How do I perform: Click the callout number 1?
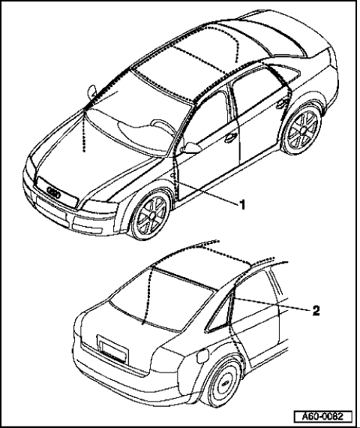click(x=242, y=204)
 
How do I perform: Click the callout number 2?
click(x=316, y=311)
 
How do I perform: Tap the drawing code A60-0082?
click(x=323, y=417)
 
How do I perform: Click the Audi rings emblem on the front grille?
click(x=54, y=192)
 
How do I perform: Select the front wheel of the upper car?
click(x=151, y=215)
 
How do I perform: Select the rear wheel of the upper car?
click(x=303, y=130)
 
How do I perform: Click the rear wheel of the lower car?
click(x=225, y=383)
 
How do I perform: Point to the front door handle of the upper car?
click(x=230, y=137)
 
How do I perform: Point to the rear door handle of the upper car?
click(x=281, y=104)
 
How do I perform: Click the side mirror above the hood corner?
click(x=92, y=92)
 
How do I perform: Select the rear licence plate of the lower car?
click(x=113, y=350)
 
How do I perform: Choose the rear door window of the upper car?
click(x=256, y=90)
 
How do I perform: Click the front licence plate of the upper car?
click(x=51, y=208)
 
